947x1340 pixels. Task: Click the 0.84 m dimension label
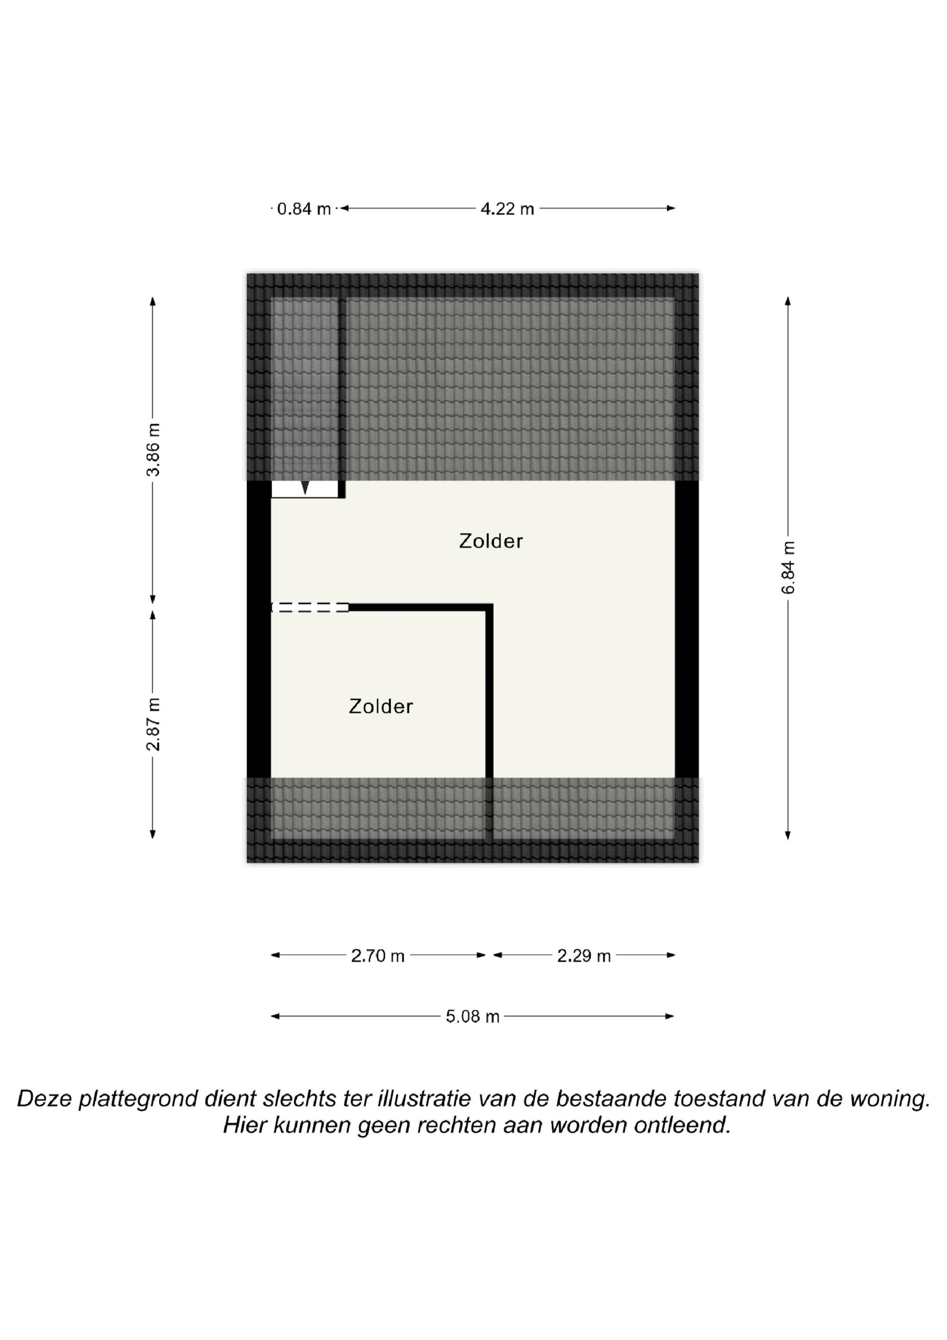pos(304,208)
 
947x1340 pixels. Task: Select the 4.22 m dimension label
pos(507,208)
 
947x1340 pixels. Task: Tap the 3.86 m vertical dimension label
pos(153,450)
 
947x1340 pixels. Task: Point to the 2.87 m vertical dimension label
pos(153,724)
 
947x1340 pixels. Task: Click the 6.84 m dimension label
pos(788,567)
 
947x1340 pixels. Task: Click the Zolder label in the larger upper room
pos(491,541)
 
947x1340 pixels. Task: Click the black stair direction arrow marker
pos(304,487)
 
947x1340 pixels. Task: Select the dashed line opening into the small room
pos(310,608)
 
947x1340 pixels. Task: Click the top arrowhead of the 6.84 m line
pos(788,301)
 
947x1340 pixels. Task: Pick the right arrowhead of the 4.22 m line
pos(671,208)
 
